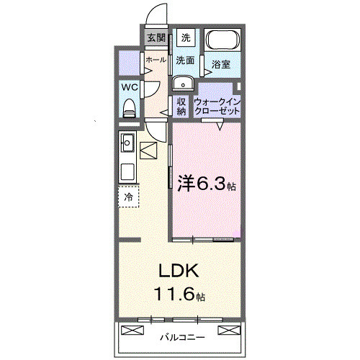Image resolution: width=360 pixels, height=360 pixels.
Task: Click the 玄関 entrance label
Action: (156, 37)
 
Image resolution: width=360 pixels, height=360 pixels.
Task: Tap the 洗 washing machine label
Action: (186, 37)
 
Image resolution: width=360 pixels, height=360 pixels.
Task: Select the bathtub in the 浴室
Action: (223, 40)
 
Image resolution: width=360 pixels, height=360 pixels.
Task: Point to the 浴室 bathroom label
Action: (222, 65)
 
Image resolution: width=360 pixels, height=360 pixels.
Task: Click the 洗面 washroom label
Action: (186, 60)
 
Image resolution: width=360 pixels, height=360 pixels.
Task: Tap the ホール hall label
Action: (156, 60)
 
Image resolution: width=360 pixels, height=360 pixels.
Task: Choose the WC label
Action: (130, 87)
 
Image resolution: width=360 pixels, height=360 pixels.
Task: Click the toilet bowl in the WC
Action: (130, 108)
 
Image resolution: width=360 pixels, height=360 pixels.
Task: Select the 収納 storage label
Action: (181, 106)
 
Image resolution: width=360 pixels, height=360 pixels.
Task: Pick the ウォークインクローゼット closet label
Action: (217, 106)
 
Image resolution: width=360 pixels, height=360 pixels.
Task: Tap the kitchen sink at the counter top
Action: (127, 141)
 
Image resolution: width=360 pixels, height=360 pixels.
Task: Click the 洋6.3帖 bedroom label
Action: (206, 184)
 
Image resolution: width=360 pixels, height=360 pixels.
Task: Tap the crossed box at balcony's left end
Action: (133, 330)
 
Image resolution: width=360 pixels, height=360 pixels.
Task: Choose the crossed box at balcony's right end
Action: (227, 330)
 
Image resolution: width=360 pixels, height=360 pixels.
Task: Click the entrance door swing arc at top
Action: (153, 16)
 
